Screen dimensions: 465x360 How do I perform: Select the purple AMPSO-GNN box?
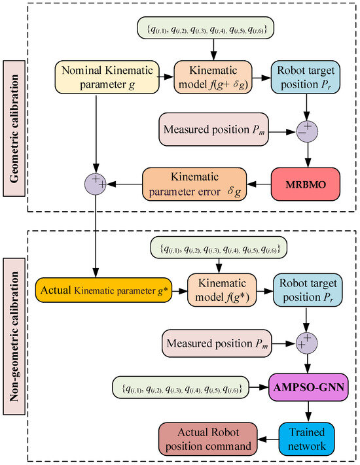(x=306, y=388)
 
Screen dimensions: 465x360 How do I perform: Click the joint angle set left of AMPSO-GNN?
(x=181, y=388)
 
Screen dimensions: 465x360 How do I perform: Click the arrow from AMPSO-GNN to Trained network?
(x=306, y=410)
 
